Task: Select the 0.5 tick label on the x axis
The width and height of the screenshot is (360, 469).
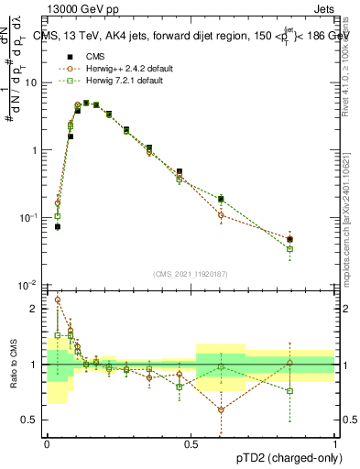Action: [191, 442]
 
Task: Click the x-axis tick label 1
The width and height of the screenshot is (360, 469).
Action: [335, 442]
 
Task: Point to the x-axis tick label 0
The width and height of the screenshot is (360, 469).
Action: [47, 442]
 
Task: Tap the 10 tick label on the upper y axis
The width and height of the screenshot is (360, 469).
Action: [33, 82]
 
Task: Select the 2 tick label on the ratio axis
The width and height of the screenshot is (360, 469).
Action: [37, 310]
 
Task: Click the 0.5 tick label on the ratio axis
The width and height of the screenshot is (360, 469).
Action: [33, 420]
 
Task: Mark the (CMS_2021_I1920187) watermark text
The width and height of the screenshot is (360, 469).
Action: [191, 274]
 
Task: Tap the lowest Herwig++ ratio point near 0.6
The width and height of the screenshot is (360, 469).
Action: [221, 409]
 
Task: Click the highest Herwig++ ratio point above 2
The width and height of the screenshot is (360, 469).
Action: [58, 299]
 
